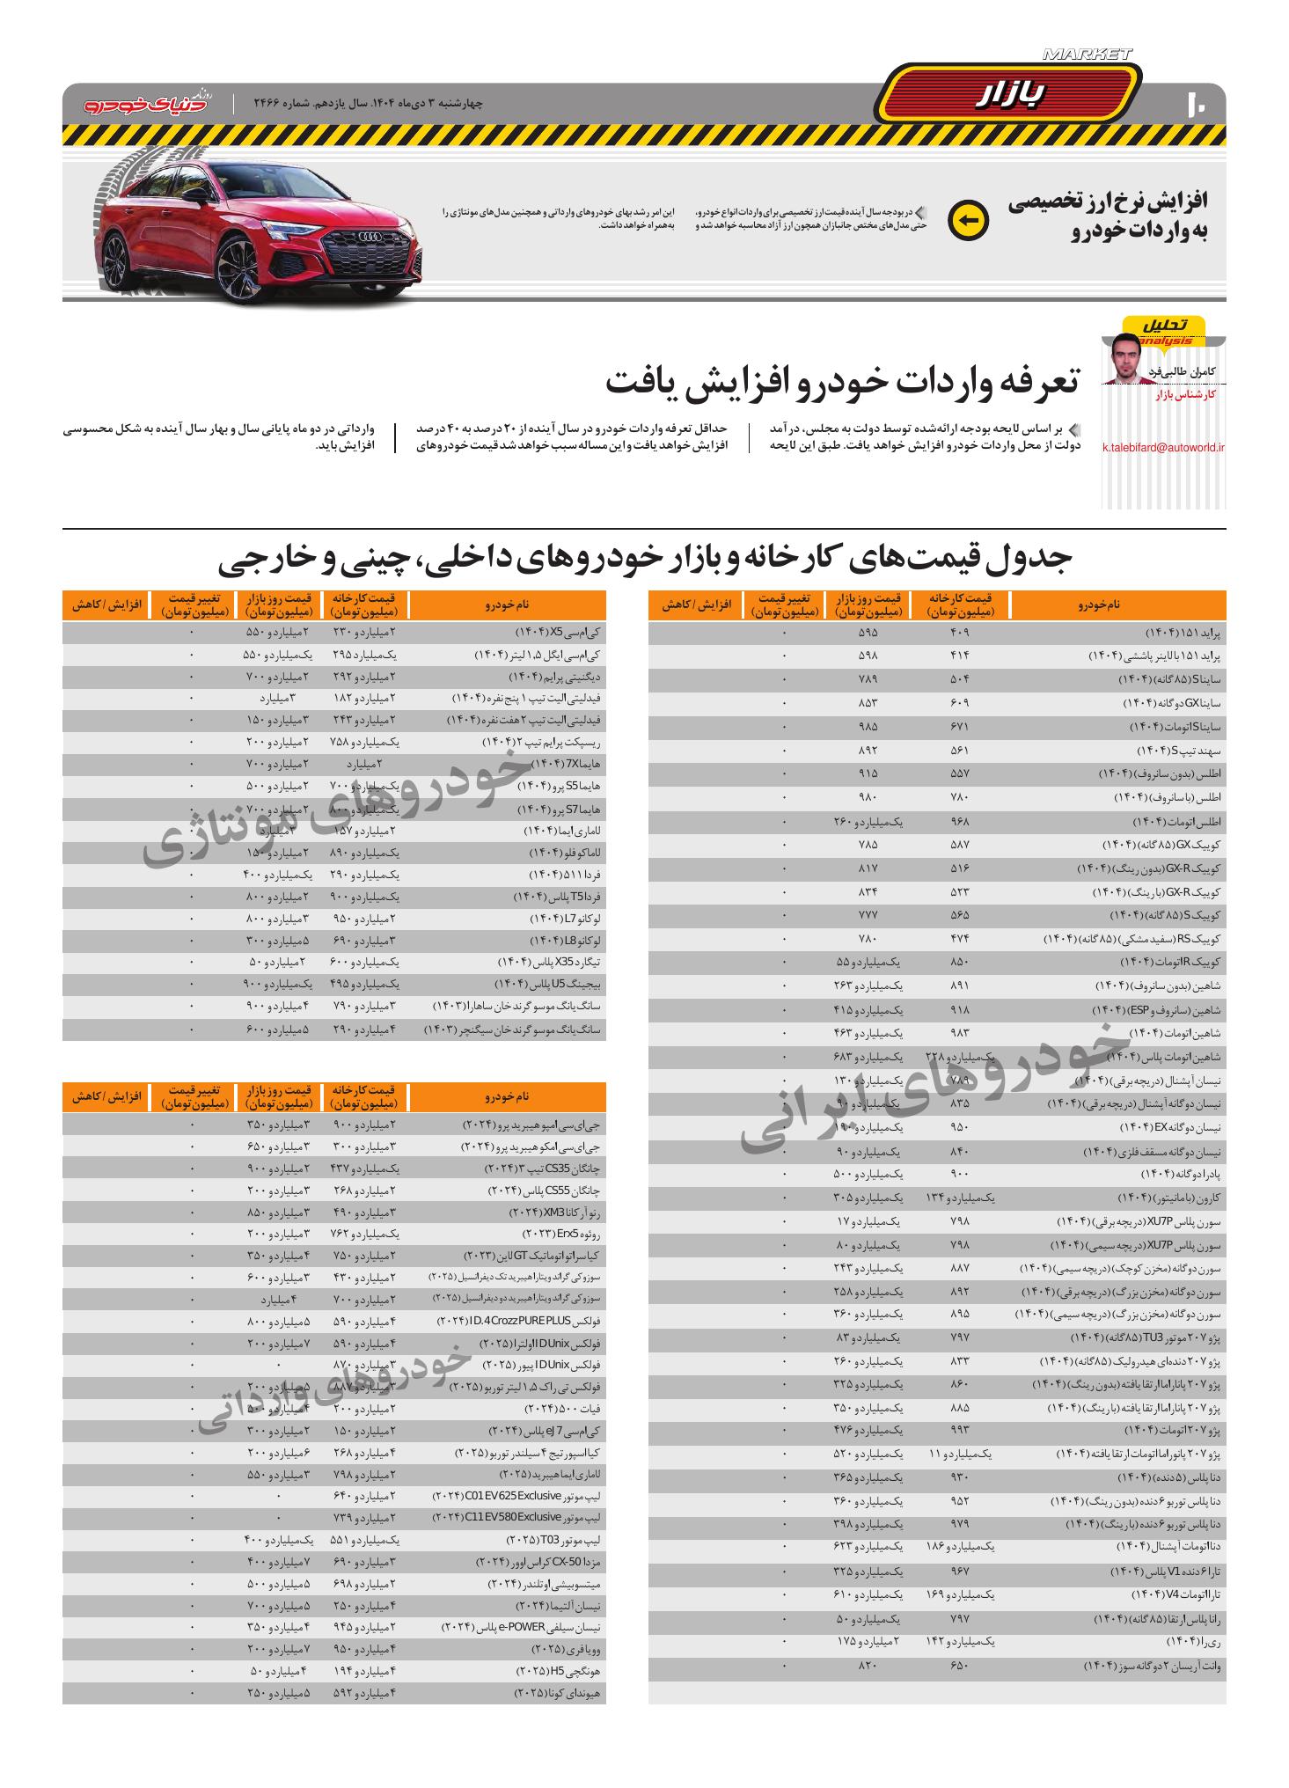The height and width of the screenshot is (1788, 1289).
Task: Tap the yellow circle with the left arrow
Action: (x=968, y=220)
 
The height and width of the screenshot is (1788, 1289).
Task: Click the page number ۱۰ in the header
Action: (x=1197, y=103)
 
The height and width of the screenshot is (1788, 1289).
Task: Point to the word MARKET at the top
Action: (x=1087, y=55)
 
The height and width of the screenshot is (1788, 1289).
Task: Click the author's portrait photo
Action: (x=1127, y=360)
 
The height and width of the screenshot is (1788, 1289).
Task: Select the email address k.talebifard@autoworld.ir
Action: (x=1163, y=447)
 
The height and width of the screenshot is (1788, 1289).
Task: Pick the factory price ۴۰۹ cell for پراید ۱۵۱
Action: (x=959, y=633)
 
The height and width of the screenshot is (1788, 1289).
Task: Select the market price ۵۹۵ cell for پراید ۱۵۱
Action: (x=868, y=633)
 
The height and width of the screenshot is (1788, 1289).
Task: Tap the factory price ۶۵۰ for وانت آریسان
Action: (x=959, y=1666)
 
